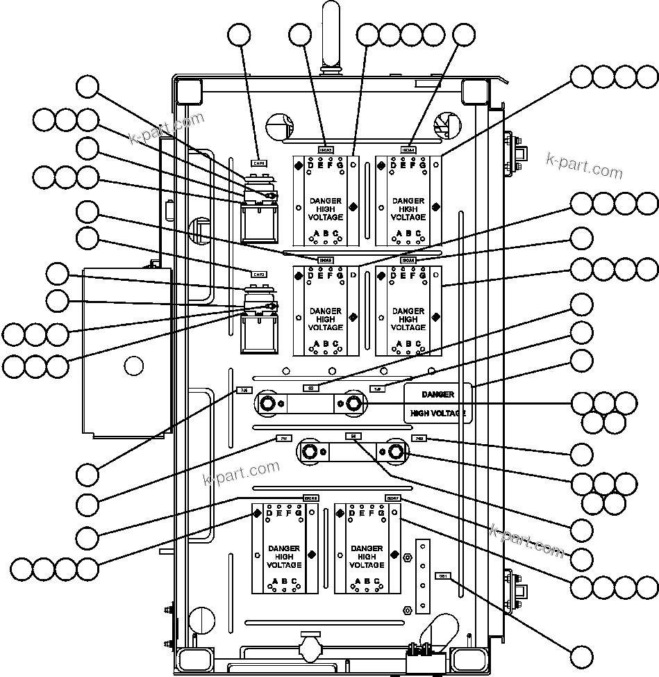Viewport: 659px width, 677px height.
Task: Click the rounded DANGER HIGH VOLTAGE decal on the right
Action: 437,403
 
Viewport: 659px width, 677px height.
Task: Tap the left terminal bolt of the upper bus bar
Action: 267,402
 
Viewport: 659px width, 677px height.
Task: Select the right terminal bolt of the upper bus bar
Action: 353,402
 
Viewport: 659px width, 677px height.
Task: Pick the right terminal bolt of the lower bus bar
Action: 396,452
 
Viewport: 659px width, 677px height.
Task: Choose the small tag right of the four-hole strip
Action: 442,576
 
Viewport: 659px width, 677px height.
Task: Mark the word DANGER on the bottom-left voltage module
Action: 283,549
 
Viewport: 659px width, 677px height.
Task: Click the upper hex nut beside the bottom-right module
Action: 408,557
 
